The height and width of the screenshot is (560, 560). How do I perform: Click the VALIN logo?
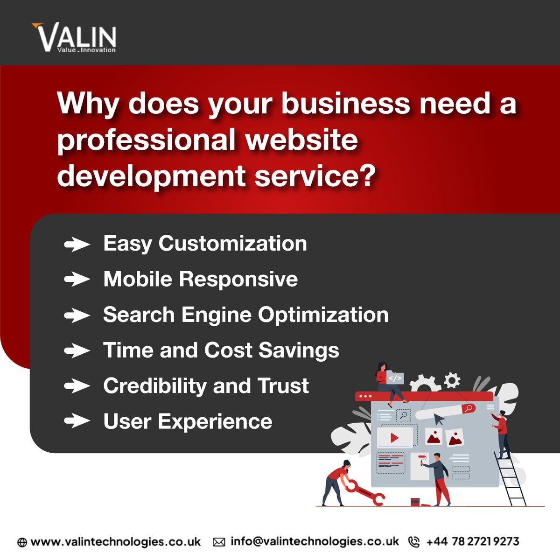74,37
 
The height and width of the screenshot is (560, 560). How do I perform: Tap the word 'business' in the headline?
345,103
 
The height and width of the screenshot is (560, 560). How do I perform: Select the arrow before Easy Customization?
77,244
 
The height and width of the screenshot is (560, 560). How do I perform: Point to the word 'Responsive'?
238,279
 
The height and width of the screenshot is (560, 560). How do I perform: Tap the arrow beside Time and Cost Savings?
77,350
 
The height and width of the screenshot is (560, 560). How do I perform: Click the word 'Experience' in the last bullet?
215,421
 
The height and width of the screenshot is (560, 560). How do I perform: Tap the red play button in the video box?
394,438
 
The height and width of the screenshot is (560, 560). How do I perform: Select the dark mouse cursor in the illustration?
439,419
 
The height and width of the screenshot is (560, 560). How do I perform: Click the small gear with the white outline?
451,380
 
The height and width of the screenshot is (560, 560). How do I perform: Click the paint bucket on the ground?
415,502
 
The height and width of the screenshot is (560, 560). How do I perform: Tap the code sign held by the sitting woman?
395,378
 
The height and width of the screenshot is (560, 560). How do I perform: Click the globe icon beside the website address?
22,542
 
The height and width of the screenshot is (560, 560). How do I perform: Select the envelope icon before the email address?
219,542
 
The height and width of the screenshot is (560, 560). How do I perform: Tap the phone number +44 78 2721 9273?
472,542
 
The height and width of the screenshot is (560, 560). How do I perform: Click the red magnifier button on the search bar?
469,408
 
